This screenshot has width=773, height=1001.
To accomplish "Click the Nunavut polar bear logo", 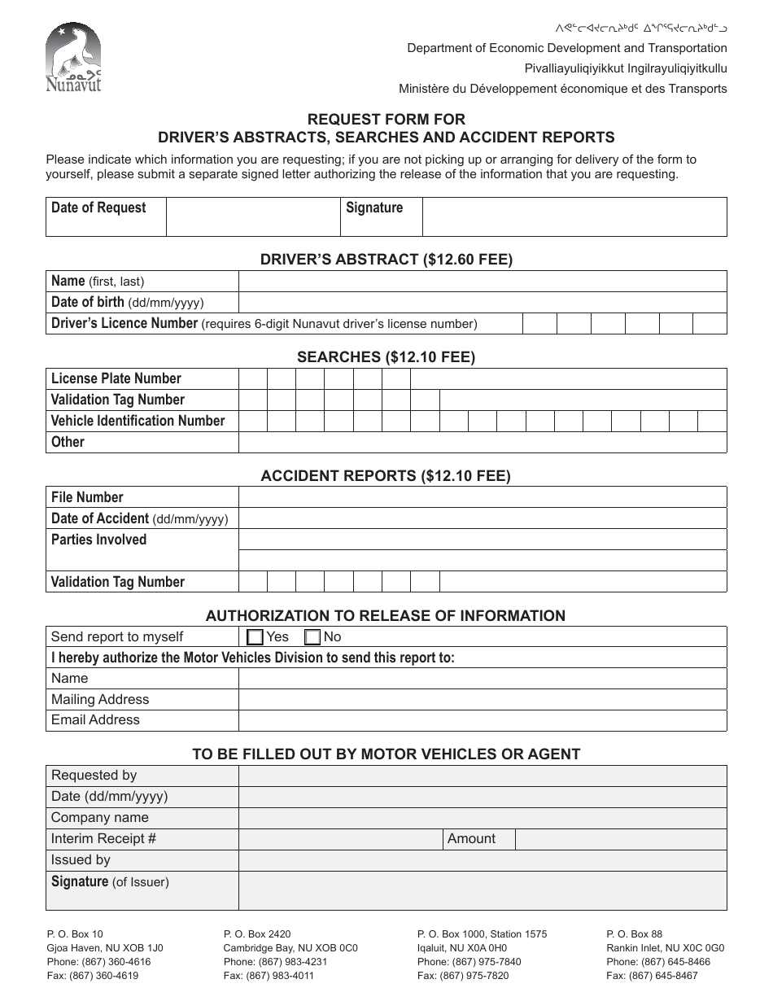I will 73,58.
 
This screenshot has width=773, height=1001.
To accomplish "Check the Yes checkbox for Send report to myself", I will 255,637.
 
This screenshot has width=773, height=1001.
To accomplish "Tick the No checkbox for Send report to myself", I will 312,637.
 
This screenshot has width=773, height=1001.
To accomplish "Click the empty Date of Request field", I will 252,216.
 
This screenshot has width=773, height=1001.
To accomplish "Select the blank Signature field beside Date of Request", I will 574,216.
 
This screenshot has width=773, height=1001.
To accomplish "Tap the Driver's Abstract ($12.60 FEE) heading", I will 386,260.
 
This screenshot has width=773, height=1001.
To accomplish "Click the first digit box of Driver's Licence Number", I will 539,323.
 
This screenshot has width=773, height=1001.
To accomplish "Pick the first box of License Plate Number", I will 252,378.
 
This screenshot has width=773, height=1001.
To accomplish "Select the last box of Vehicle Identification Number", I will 712,421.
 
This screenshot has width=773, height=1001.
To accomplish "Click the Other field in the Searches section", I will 482,442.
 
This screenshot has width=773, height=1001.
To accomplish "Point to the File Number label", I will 87,497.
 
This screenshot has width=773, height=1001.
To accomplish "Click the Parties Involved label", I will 98,540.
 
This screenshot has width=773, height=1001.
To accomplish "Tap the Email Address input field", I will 482,720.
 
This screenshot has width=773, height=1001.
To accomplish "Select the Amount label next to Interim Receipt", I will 471,839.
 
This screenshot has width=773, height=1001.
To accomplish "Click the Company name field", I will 482,818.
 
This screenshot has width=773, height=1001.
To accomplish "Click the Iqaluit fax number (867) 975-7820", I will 462,976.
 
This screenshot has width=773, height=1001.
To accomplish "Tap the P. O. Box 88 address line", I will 634,934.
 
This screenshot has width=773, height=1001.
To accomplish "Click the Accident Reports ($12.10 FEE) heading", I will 386,476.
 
